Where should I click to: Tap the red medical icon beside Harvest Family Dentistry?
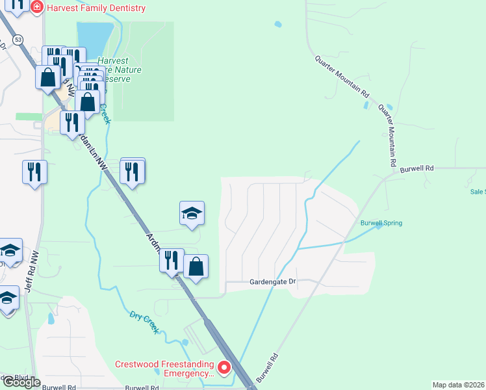pyautogui.click(x=36, y=8)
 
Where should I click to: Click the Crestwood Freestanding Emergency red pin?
pyautogui.click(x=224, y=369)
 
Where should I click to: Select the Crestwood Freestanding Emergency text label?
pyautogui.click(x=165, y=369)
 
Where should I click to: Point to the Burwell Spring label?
pyautogui.click(x=381, y=223)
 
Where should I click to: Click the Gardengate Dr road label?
pyautogui.click(x=273, y=282)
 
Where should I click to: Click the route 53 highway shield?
pyautogui.click(x=18, y=40)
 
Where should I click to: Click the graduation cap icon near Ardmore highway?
pyautogui.click(x=192, y=213)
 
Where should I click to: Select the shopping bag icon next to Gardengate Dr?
pyautogui.click(x=196, y=266)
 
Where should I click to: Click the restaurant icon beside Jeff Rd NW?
pyautogui.click(x=34, y=172)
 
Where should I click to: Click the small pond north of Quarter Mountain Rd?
pyautogui.click(x=278, y=25)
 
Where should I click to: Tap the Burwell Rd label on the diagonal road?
pyautogui.click(x=266, y=367)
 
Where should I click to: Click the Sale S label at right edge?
pyautogui.click(x=477, y=192)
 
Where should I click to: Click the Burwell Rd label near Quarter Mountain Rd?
pyautogui.click(x=416, y=168)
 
